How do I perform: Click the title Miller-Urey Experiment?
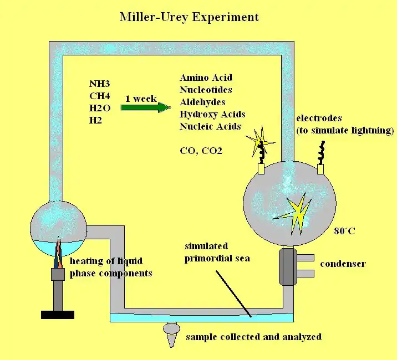click(189, 17)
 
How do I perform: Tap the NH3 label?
click(100, 84)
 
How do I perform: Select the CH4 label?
click(100, 96)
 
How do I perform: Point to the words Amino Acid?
click(206, 78)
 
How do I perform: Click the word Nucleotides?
click(206, 90)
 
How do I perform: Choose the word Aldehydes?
click(202, 102)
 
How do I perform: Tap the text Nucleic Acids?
click(210, 126)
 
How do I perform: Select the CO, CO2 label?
click(201, 150)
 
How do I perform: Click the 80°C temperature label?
click(344, 230)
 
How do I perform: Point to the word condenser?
click(343, 264)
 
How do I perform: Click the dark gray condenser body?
click(288, 266)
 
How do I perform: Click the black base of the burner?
click(58, 315)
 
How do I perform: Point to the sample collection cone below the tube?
click(172, 335)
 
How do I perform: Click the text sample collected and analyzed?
click(253, 337)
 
